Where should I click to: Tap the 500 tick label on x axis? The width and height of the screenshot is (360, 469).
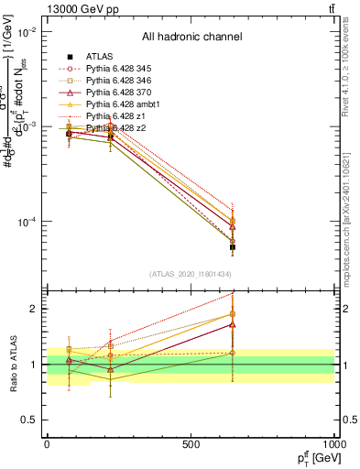(191, 444)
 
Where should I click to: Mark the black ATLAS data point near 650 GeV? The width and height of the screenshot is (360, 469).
(232, 246)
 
